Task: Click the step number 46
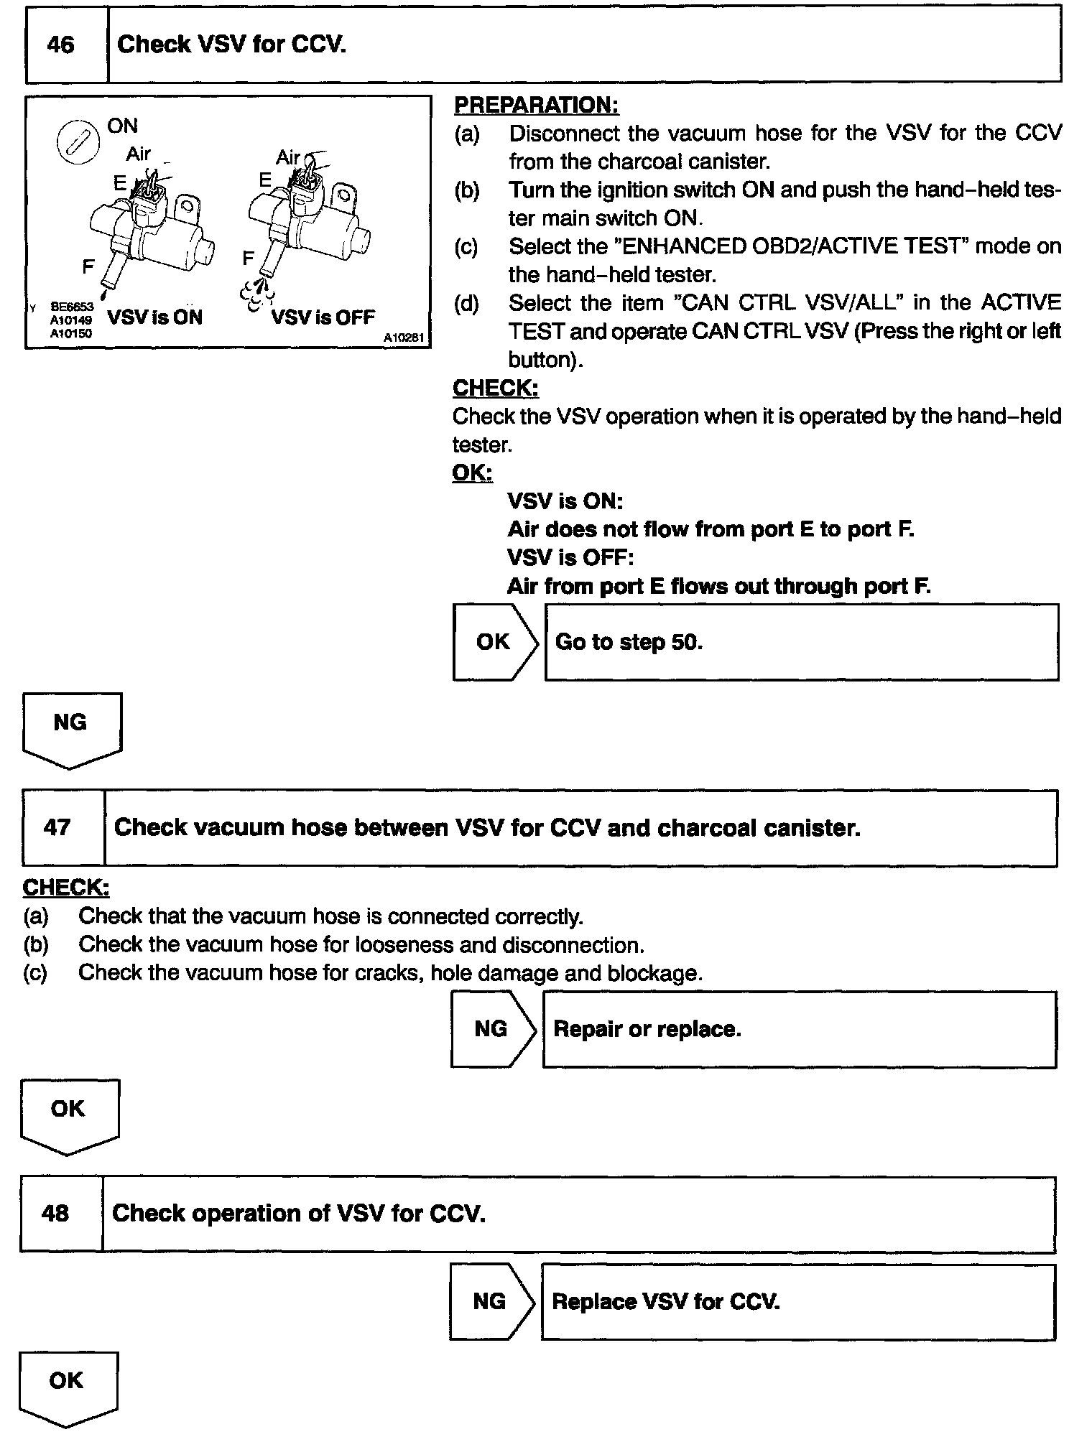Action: (x=60, y=46)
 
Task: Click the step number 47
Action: (x=57, y=828)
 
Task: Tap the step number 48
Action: (x=56, y=1214)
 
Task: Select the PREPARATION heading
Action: (x=536, y=106)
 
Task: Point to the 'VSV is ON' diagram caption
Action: (x=154, y=317)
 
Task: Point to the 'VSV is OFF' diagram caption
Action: (x=323, y=317)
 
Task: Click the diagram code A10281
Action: (x=403, y=338)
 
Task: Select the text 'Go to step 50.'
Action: (x=629, y=642)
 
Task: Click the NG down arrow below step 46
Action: (x=71, y=728)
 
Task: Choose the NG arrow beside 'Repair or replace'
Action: (x=492, y=1029)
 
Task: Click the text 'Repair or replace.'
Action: (x=647, y=1030)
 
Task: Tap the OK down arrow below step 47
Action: (x=69, y=1115)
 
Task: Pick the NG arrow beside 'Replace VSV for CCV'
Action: (x=491, y=1301)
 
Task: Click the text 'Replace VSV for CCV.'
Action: (x=665, y=1302)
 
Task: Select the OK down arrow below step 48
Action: (x=68, y=1386)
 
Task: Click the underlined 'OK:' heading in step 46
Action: (x=472, y=473)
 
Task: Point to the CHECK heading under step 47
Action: (x=66, y=888)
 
